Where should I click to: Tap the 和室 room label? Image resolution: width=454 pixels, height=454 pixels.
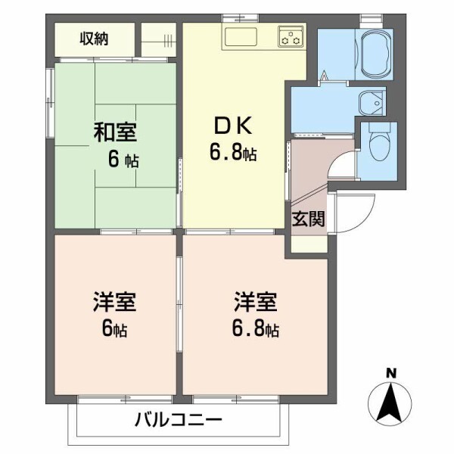coord(115,132)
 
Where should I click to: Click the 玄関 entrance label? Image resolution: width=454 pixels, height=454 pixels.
coord(309,219)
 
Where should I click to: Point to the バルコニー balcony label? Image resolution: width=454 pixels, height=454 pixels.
coord(179,418)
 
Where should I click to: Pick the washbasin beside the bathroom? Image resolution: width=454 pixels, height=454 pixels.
coord(370,101)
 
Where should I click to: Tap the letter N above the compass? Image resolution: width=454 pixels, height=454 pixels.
coord(391,372)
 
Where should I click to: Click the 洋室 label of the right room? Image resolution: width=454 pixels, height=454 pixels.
coord(255,303)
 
